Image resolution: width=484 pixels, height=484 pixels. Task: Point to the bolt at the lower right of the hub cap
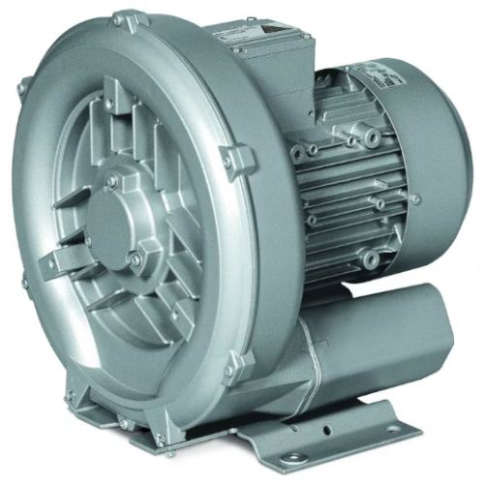(136, 257)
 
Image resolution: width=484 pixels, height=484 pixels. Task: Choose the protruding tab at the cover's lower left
(65, 259)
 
